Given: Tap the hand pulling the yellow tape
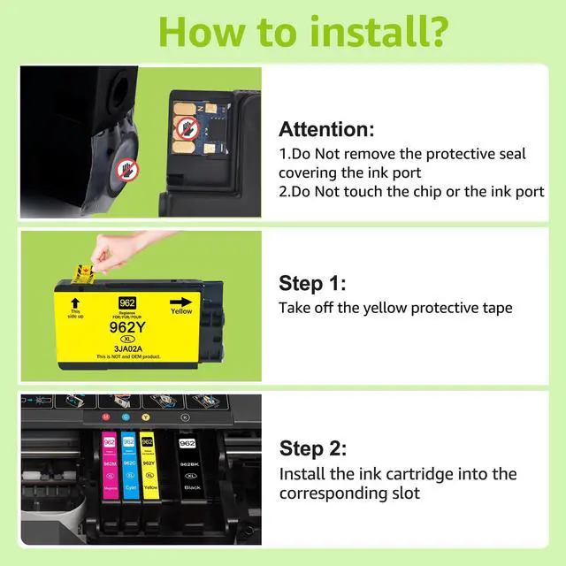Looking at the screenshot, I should coord(113,249).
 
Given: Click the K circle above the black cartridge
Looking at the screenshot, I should coord(185,416).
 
